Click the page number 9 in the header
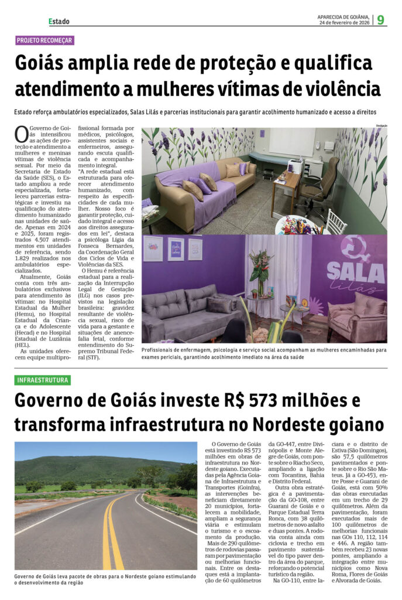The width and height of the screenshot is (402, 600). pyautogui.click(x=380, y=19)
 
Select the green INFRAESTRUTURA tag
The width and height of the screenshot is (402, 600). pyautogui.click(x=43, y=380)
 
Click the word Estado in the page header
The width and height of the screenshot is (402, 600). pyautogui.click(x=59, y=21)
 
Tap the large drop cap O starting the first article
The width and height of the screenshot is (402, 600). pyautogui.click(x=21, y=134)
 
